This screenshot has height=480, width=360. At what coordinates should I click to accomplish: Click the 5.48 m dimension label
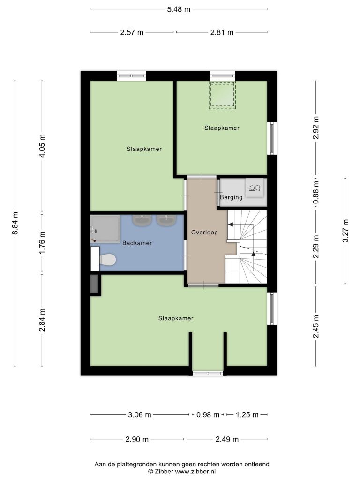tap(179, 9)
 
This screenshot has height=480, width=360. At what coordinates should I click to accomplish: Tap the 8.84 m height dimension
tap(15, 223)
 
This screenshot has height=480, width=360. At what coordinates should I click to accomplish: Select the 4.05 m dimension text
tap(42, 146)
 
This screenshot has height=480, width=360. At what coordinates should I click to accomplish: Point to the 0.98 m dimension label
tap(208, 415)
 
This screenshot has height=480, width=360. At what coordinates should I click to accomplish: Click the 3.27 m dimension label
tap(345, 231)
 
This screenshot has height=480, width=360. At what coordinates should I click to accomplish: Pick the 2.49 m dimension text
tap(227, 439)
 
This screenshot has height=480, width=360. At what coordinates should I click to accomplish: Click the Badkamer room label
tap(137, 243)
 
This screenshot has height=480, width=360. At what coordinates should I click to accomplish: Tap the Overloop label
tap(204, 232)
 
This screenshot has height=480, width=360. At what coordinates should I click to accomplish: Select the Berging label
tap(231, 197)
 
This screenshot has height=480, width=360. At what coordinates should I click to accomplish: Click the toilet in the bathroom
tap(107, 260)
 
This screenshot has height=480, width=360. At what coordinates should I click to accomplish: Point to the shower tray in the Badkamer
tap(105, 229)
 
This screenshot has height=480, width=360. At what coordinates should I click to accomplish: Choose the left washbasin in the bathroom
tap(142, 220)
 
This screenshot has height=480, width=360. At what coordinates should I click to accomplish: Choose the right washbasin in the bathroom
tap(166, 220)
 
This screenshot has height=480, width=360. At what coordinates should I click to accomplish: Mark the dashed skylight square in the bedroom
tap(222, 95)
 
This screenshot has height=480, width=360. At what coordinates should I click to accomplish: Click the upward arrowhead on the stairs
tap(254, 254)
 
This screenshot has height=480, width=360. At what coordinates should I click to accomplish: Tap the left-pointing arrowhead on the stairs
tap(231, 225)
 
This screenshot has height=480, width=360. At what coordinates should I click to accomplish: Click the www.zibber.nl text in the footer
tap(195, 472)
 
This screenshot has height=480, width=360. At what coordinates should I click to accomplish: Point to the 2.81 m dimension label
tap(222, 32)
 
